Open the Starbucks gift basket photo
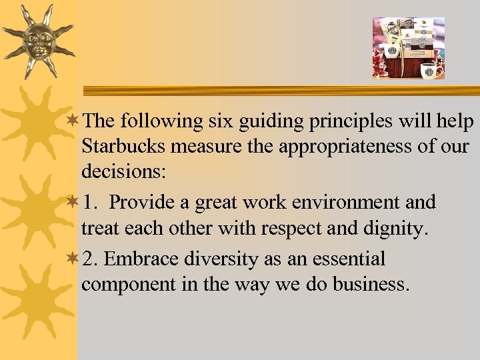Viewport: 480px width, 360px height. [408, 48]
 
